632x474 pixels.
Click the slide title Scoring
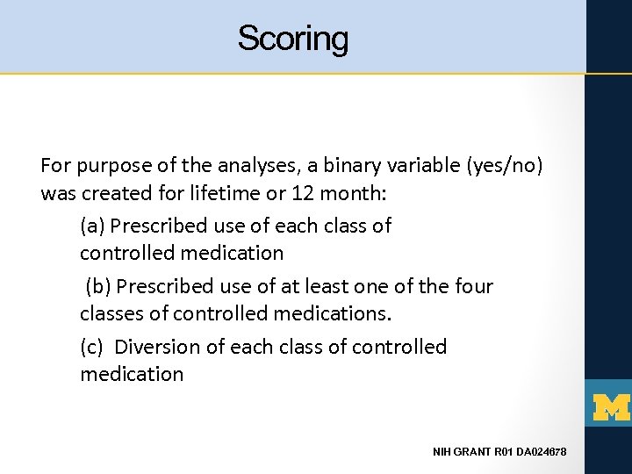pyautogui.click(x=292, y=39)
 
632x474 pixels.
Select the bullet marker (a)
pyautogui.click(x=92, y=226)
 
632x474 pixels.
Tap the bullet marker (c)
pyautogui.click(x=92, y=347)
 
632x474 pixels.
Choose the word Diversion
pyautogui.click(x=157, y=347)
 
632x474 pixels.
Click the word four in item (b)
pyautogui.click(x=474, y=286)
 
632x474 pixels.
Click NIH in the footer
pyautogui.click(x=443, y=452)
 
